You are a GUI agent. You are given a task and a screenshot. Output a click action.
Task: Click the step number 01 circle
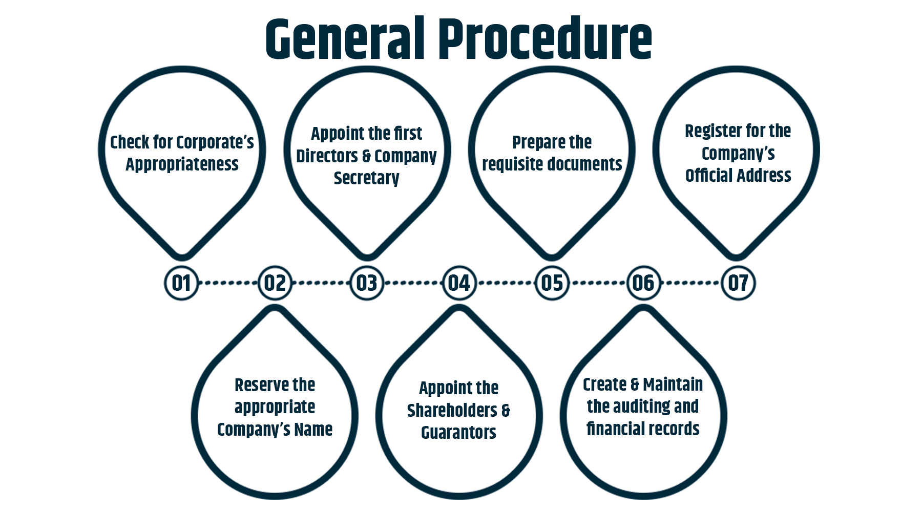(x=181, y=283)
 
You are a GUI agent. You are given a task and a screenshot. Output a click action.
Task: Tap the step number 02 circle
(x=275, y=283)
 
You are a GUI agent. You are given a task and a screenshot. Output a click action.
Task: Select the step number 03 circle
(x=367, y=283)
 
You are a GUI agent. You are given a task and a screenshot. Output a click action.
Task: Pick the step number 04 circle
(x=459, y=283)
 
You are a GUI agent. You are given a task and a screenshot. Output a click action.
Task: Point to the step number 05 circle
(x=552, y=283)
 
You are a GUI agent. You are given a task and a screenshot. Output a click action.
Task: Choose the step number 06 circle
(x=643, y=283)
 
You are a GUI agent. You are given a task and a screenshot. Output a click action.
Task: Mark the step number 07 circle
(x=738, y=283)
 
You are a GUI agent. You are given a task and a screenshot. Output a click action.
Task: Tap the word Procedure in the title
(x=546, y=38)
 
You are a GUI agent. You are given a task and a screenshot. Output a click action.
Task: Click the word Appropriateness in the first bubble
(x=182, y=164)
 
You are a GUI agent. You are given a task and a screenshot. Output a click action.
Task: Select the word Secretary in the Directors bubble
(x=366, y=178)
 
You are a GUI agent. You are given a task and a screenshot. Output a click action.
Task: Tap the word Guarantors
(x=458, y=433)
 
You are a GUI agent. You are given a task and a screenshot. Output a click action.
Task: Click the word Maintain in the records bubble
(x=673, y=384)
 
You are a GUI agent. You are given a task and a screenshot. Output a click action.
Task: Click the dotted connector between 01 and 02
(x=228, y=283)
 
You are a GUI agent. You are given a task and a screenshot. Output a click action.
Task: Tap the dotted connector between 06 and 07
(x=690, y=283)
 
